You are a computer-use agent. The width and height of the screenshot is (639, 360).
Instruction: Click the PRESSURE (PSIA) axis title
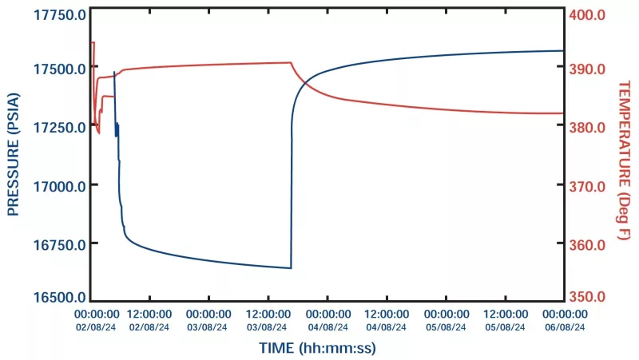(14, 155)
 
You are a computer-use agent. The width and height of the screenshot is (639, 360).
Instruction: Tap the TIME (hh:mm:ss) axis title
(317, 348)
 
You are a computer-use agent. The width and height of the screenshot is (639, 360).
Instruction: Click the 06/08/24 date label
(565, 326)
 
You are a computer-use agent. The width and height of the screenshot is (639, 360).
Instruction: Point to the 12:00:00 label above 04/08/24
(387, 315)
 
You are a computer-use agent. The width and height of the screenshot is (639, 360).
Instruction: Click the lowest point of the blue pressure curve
(291, 268)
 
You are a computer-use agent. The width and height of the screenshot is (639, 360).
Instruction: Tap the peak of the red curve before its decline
(289, 62)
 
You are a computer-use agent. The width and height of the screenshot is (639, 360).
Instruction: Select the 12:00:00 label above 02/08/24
(149, 315)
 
